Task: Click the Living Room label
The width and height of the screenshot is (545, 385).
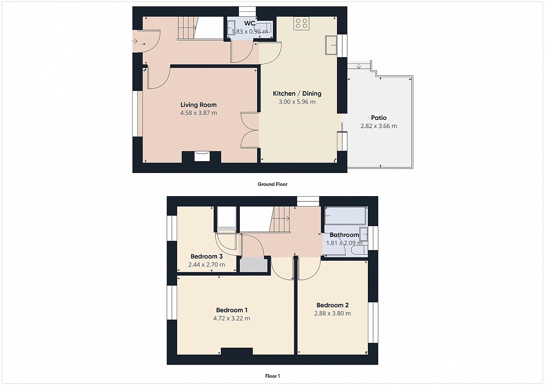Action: click(x=198, y=105)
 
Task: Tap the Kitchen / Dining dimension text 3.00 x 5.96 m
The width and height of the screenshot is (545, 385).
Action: click(x=297, y=102)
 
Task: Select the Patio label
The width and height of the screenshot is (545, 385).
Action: click(x=379, y=118)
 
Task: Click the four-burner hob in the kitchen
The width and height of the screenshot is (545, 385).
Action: click(x=301, y=23)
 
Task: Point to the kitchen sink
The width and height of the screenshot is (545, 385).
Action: click(x=331, y=45)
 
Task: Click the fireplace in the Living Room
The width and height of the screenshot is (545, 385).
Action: click(x=202, y=156)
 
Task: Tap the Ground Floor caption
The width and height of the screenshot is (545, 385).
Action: click(x=272, y=184)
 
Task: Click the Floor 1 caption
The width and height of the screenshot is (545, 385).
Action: click(x=272, y=376)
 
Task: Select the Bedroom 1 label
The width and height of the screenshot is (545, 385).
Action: click(x=232, y=310)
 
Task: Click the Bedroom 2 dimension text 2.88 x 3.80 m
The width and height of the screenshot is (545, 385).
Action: click(x=332, y=313)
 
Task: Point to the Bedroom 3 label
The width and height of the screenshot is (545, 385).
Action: click(x=207, y=257)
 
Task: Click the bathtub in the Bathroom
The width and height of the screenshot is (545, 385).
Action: click(x=345, y=216)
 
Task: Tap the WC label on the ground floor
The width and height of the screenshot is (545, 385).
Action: click(x=250, y=23)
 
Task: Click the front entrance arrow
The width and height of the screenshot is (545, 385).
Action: click(x=135, y=42)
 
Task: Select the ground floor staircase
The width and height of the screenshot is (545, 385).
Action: click(x=187, y=28)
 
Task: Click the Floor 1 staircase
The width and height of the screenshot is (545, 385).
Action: click(x=280, y=219)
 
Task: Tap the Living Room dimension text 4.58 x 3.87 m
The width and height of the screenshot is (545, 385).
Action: click(x=198, y=113)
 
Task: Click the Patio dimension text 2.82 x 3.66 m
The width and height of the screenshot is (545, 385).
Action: click(x=379, y=126)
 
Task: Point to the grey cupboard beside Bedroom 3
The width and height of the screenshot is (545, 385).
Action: click(x=253, y=265)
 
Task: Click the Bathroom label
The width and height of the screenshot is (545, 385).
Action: click(x=344, y=235)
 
